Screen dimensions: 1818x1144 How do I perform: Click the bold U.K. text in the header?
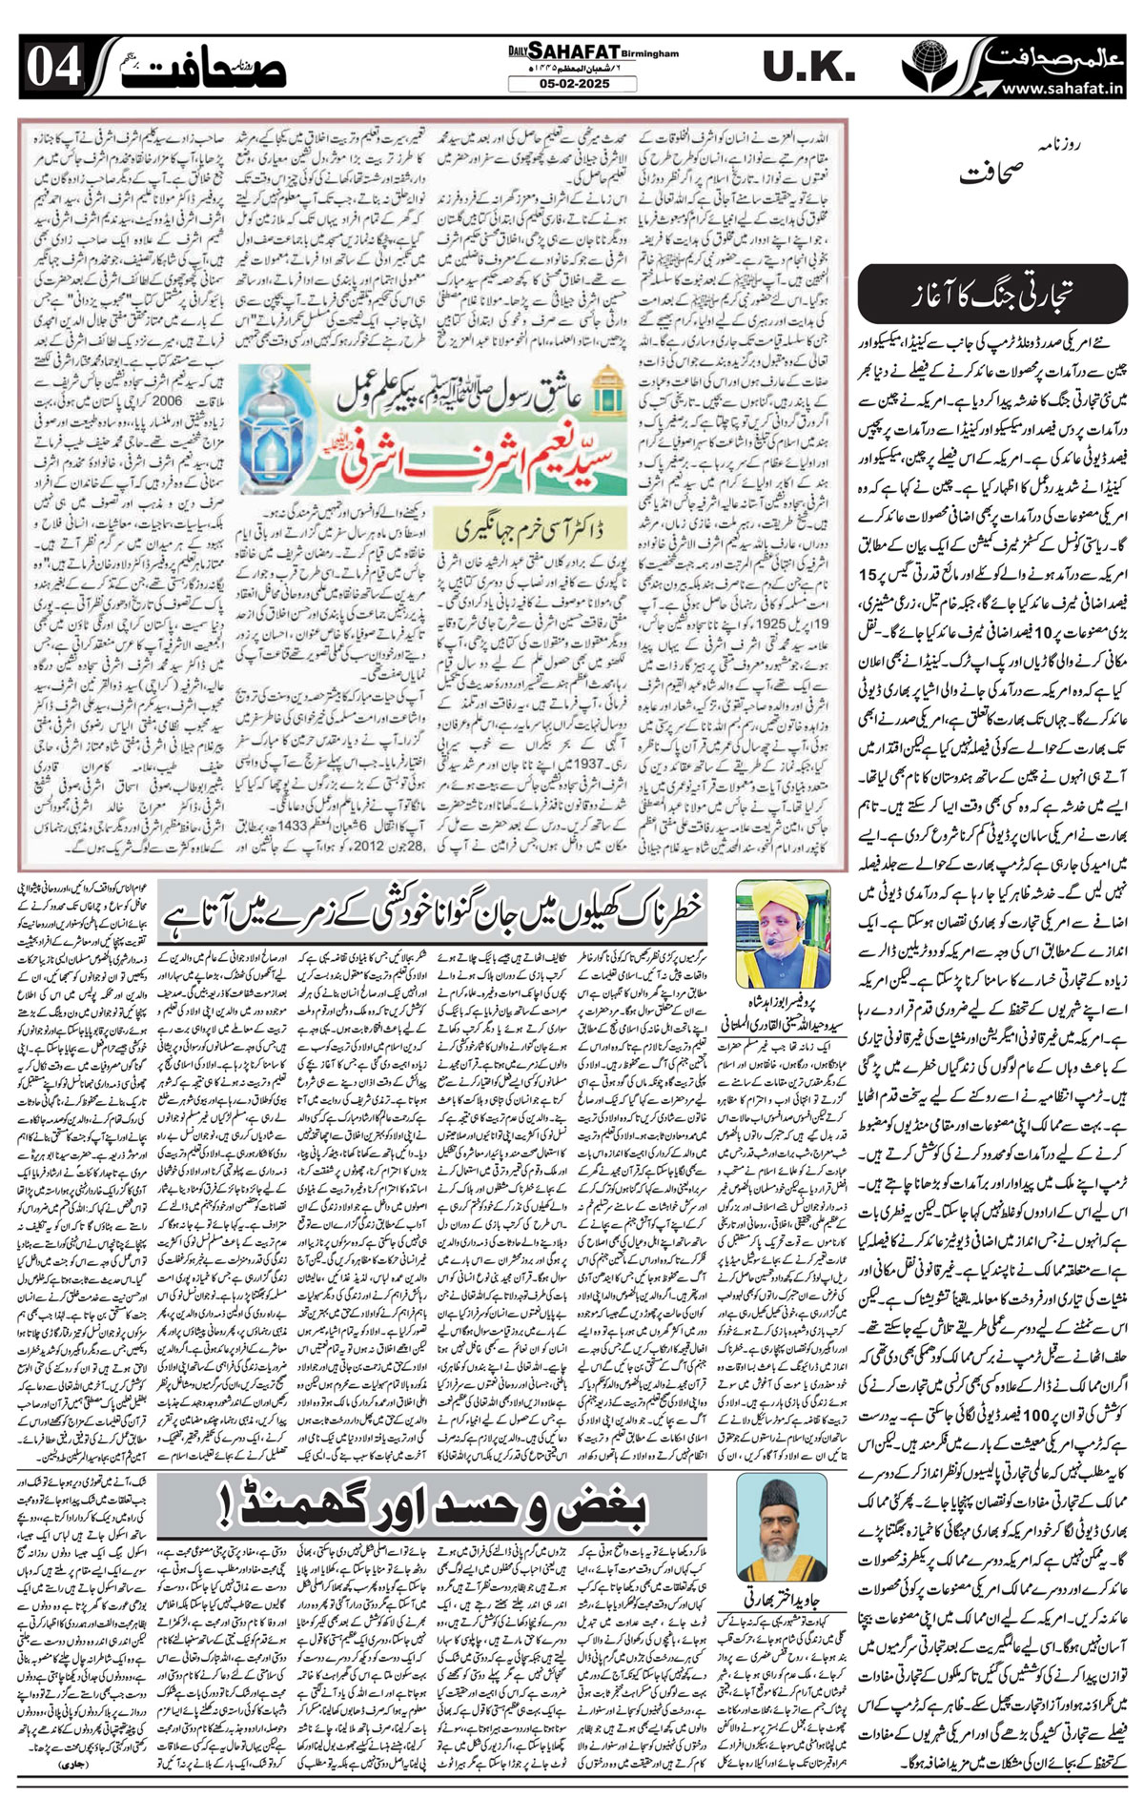808,67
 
